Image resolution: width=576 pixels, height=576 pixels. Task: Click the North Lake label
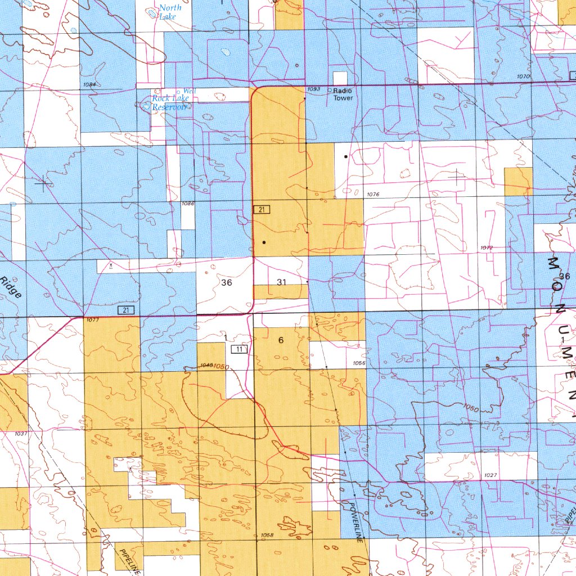169,12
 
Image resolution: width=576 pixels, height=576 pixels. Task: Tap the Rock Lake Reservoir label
170,102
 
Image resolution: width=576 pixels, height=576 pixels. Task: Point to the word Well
190,91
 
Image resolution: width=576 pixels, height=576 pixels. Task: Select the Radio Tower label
343,94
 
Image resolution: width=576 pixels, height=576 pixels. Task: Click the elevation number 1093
314,89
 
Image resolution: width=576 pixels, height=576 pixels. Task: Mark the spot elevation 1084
88,85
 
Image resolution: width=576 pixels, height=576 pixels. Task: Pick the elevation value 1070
523,76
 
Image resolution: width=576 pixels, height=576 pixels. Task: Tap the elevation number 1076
373,195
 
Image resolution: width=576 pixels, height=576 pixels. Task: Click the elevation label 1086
188,203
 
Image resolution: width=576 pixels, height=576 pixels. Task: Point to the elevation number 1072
487,247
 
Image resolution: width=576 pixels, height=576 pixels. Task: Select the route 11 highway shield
240,349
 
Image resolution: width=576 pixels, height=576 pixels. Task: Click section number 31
282,281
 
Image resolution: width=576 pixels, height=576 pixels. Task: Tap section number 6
281,340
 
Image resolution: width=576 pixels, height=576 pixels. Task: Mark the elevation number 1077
92,320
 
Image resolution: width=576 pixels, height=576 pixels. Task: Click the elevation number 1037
21,433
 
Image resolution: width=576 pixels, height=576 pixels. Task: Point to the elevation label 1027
490,475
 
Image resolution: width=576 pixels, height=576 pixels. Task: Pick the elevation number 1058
268,535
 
